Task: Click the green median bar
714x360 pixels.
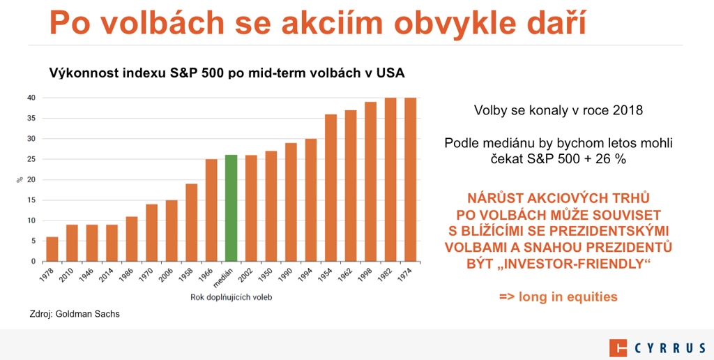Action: click(231, 208)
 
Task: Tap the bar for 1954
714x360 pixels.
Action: click(331, 188)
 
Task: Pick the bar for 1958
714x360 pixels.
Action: click(191, 223)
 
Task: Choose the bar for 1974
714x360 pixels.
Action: click(410, 179)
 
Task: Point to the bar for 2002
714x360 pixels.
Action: click(251, 208)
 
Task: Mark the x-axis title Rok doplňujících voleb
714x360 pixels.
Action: click(231, 298)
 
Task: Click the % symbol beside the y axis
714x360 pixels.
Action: click(19, 179)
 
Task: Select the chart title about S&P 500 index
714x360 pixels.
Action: click(227, 73)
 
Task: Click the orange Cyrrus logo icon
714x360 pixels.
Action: click(618, 348)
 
